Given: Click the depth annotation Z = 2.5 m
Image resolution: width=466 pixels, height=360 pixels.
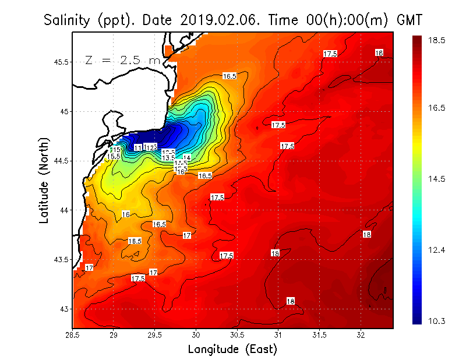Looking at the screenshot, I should click(123, 61).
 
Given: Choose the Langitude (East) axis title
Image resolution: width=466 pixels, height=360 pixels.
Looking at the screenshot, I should click(232, 349).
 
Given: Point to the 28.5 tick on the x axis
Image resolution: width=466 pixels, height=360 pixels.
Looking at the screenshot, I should click(73, 335).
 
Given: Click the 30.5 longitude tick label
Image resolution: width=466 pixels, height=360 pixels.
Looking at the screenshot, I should click(237, 335).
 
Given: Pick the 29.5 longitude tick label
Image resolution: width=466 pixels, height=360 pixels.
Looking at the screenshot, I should click(155, 335).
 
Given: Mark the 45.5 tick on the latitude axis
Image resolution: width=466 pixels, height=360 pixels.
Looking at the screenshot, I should click(61, 62).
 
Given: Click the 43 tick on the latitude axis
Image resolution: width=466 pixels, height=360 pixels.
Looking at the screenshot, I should click(65, 308).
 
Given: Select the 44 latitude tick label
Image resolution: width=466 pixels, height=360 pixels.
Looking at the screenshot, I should click(65, 210).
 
